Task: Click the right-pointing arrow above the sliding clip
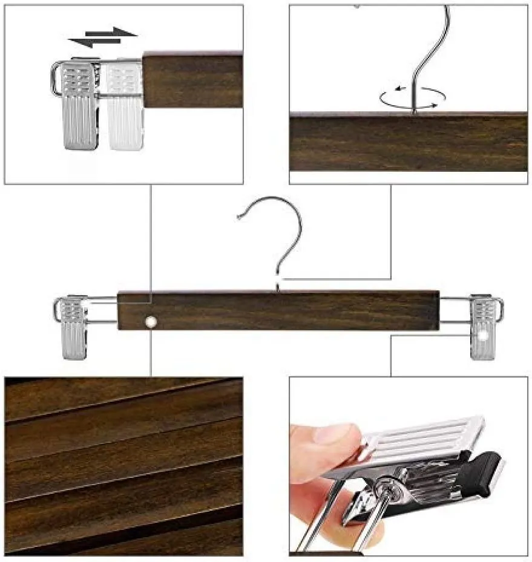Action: pos(111,31)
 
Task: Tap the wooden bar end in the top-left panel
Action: pos(192,82)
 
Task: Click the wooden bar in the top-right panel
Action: pos(408,143)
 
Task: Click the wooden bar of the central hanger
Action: pos(278,310)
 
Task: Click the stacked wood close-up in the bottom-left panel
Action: pos(123,466)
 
